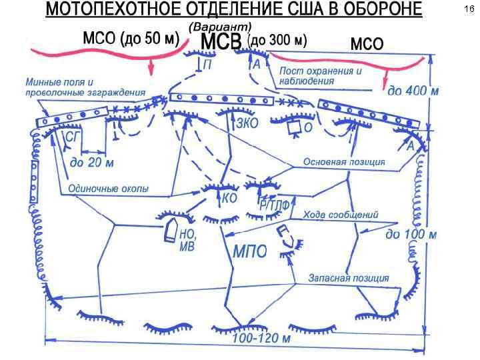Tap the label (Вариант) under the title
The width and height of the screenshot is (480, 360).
click(x=221, y=26)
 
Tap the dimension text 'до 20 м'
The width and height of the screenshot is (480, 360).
click(x=91, y=163)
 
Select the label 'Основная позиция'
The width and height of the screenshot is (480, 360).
click(x=344, y=162)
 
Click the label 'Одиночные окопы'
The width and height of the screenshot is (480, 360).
click(x=109, y=189)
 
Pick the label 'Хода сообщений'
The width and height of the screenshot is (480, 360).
click(x=341, y=215)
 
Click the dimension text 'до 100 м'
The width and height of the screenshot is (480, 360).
click(x=411, y=235)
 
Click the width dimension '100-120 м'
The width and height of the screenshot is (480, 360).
click(x=261, y=339)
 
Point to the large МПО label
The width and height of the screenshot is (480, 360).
click(x=250, y=252)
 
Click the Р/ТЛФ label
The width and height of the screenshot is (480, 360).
click(x=274, y=206)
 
